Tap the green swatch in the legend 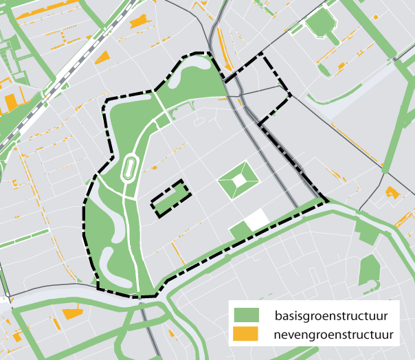[245, 316]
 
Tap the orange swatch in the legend [245, 335]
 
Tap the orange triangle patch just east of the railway [102, 58]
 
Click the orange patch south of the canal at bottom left [71, 314]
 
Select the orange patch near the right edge [392, 192]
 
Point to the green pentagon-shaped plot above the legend [369, 269]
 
